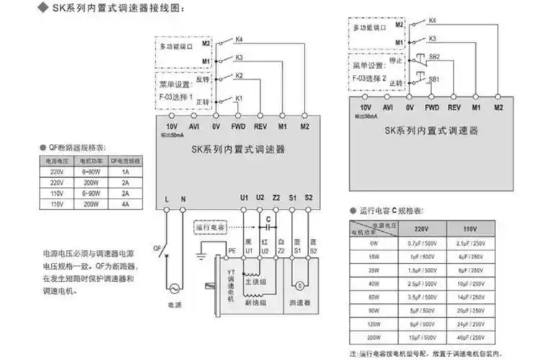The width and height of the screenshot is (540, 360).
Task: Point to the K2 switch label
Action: pyautogui.click(x=240, y=76)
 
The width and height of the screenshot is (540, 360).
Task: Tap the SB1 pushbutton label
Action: pyautogui.click(x=434, y=78)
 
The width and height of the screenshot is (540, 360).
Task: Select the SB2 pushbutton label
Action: pyautogui.click(x=434, y=56)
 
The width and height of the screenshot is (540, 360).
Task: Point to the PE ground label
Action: pyautogui.click(x=232, y=251)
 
